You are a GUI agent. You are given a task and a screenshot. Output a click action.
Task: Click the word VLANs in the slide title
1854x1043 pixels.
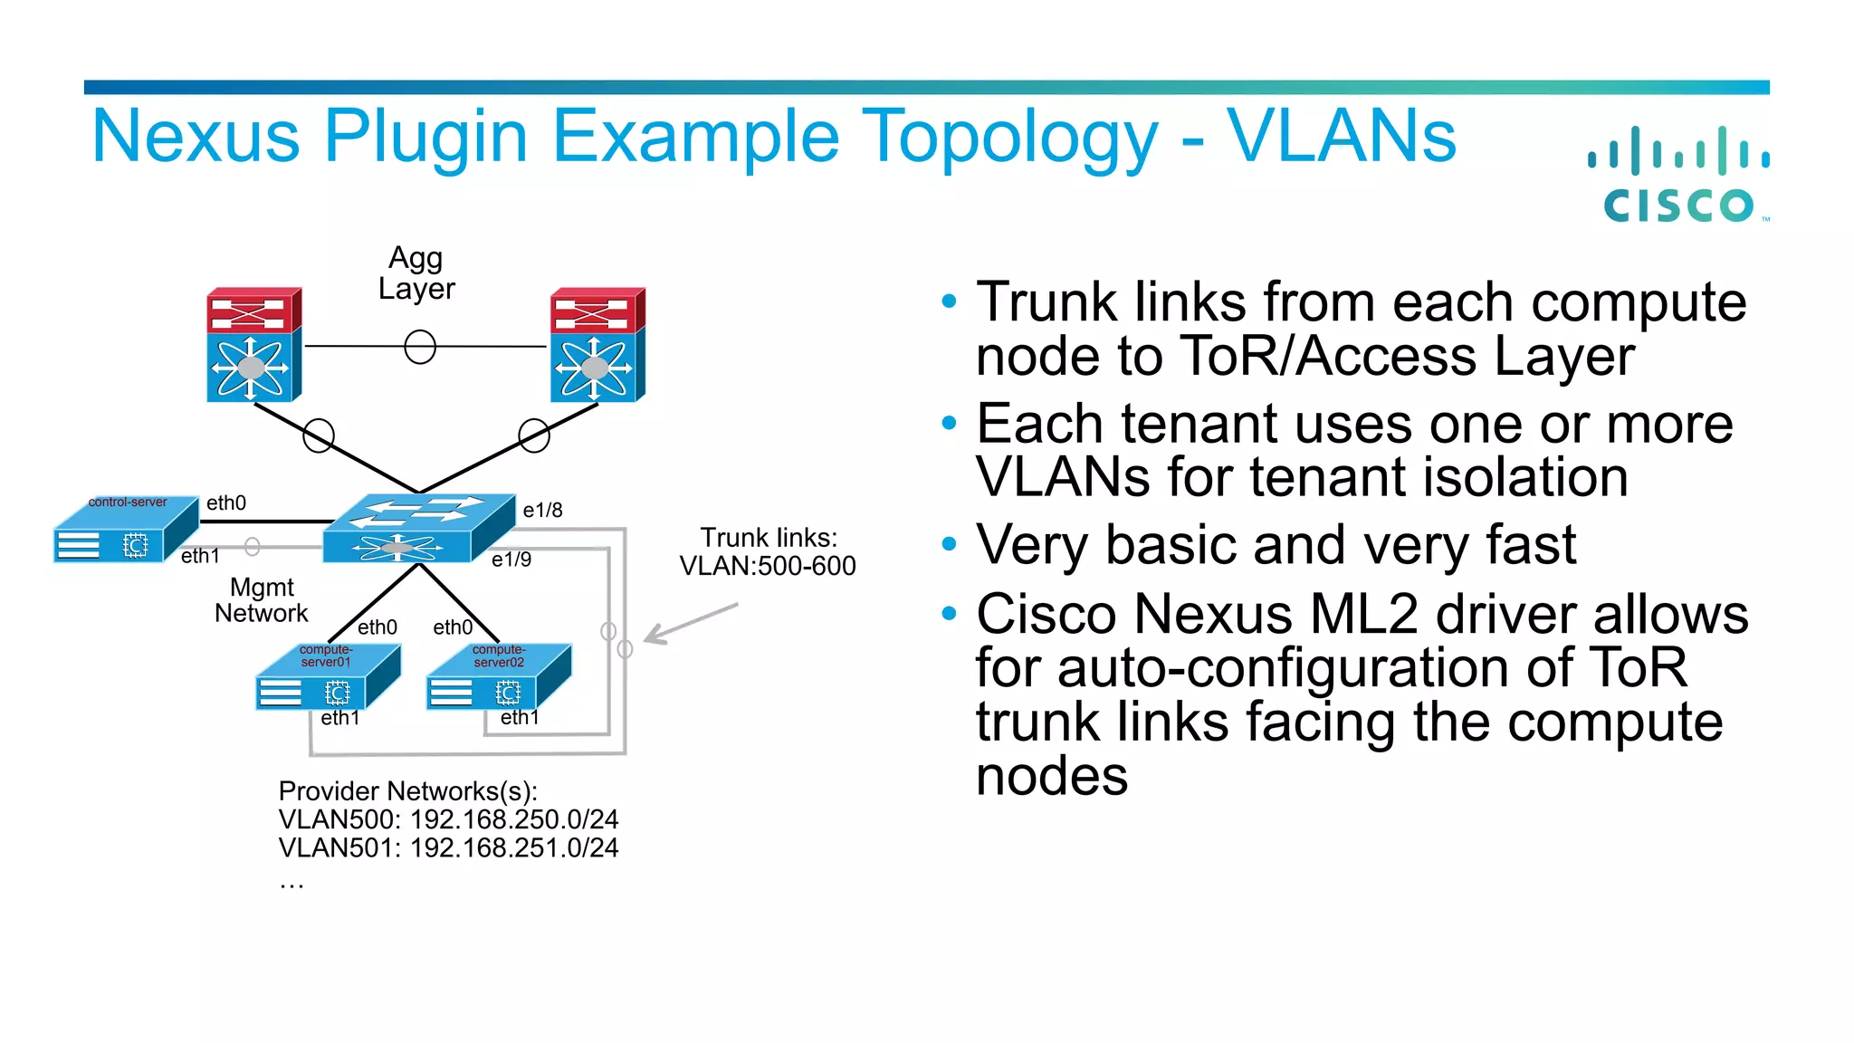pyautogui.click(x=1341, y=137)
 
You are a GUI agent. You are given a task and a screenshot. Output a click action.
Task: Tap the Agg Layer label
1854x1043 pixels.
pyautogui.click(x=416, y=273)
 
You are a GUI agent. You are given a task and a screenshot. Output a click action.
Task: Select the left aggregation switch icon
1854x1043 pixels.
pyautogui.click(x=253, y=345)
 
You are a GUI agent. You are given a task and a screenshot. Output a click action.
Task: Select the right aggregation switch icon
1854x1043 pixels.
pyautogui.click(x=597, y=345)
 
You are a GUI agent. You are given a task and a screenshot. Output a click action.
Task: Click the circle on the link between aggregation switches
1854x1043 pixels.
pyautogui.click(x=420, y=347)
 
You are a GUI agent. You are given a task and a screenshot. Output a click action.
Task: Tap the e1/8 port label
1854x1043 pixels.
pyautogui.click(x=542, y=511)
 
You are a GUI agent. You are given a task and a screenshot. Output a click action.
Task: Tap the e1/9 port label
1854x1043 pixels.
pyautogui.click(x=511, y=560)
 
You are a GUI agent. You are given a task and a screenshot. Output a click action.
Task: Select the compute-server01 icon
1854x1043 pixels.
pyautogui.click(x=328, y=679)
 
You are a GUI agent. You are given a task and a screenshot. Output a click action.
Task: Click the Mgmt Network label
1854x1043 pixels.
pyautogui.click(x=262, y=600)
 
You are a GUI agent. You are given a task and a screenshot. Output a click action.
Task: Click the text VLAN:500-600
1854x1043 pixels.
pyautogui.click(x=768, y=567)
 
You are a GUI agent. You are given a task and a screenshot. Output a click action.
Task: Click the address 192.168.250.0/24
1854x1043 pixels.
pyautogui.click(x=514, y=819)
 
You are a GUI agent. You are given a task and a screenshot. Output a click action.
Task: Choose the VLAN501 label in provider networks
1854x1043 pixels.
pyautogui.click(x=338, y=848)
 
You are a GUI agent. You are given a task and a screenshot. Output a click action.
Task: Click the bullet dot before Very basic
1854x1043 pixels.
pyautogui.click(x=949, y=544)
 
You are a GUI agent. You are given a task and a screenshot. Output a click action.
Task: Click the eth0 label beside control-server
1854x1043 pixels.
pyautogui.click(x=226, y=503)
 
